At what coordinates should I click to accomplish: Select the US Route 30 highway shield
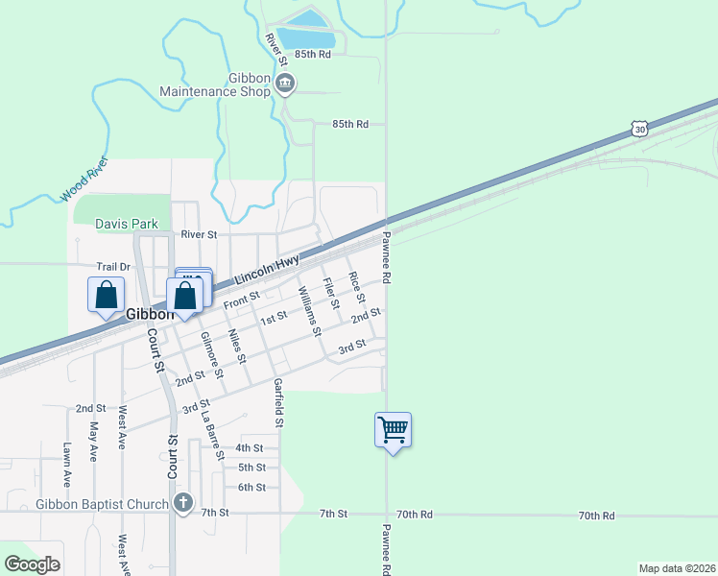click(x=640, y=129)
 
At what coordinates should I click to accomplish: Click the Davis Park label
click(x=127, y=225)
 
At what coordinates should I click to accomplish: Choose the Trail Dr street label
click(x=112, y=268)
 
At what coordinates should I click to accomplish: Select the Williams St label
click(x=309, y=311)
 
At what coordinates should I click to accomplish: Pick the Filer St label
click(x=331, y=293)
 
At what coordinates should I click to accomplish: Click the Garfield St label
click(x=278, y=403)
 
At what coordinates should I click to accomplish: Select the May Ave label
click(x=94, y=442)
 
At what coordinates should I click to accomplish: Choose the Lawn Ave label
click(x=67, y=465)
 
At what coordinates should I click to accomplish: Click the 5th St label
click(x=251, y=468)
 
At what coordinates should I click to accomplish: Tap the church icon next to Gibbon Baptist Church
click(x=183, y=503)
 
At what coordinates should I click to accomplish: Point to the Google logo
click(x=32, y=564)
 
